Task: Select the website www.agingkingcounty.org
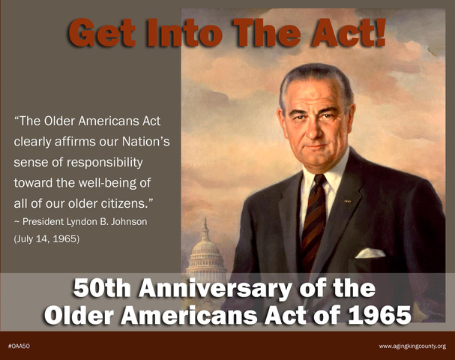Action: click(x=412, y=346)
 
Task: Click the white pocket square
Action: click(x=370, y=253)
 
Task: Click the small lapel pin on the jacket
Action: click(x=347, y=201)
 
